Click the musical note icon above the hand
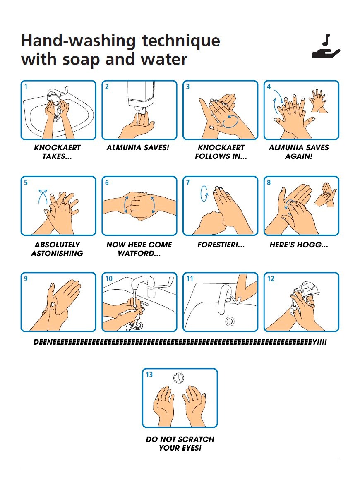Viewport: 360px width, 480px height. [x=327, y=40]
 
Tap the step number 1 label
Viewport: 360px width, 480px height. [x=26, y=86]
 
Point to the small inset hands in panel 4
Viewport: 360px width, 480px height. [x=319, y=101]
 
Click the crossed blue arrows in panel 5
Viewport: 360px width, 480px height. [x=43, y=196]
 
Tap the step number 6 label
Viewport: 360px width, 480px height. [x=107, y=183]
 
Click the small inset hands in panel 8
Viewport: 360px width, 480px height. [x=325, y=195]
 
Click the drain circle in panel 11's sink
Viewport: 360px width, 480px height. [x=230, y=321]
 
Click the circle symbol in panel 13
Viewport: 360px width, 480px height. [x=178, y=378]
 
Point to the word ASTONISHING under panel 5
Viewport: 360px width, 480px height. [x=57, y=254]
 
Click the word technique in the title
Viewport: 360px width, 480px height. [x=181, y=41]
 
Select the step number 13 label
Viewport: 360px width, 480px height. [x=149, y=375]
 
